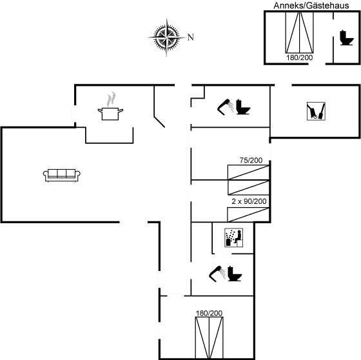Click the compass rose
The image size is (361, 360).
[x=166, y=36]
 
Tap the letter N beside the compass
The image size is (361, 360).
[x=190, y=37]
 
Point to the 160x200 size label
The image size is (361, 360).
[x=298, y=59]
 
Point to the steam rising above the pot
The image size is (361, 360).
[x=112, y=99]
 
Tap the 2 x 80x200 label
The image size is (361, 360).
[x=248, y=201]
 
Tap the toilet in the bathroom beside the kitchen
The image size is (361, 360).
[x=242, y=106]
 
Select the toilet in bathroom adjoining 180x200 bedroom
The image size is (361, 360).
[x=233, y=274]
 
